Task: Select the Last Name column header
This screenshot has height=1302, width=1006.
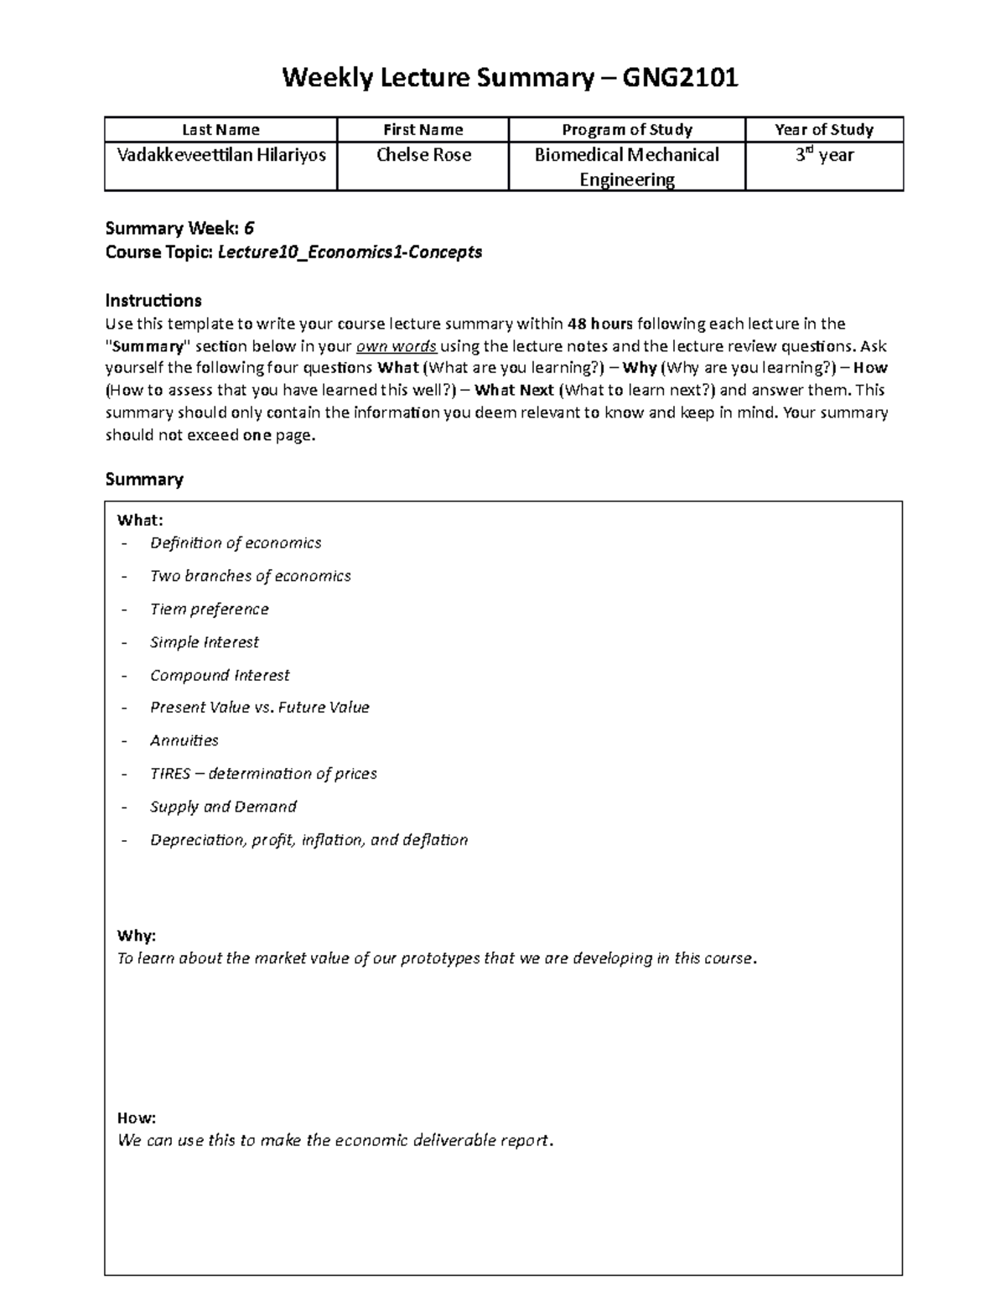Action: pyautogui.click(x=220, y=130)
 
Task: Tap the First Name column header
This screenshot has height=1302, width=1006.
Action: pyautogui.click(x=423, y=130)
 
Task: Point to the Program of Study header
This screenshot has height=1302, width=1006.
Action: pyautogui.click(x=626, y=130)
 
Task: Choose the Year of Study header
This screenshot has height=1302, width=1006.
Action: pyautogui.click(x=824, y=130)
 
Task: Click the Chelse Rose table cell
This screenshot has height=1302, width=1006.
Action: pyautogui.click(x=423, y=155)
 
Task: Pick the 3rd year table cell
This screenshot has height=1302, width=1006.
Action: pyautogui.click(x=824, y=155)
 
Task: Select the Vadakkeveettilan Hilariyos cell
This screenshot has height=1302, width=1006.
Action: pyautogui.click(x=221, y=155)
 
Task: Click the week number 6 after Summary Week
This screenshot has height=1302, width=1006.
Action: pyautogui.click(x=249, y=229)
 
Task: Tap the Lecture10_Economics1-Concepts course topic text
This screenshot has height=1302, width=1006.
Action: pyautogui.click(x=350, y=252)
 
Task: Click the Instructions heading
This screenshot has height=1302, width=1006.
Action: pyautogui.click(x=153, y=300)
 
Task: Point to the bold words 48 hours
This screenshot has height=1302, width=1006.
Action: pyautogui.click(x=600, y=324)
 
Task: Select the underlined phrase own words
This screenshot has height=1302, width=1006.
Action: pyautogui.click(x=397, y=346)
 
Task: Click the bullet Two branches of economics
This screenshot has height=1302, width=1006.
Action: pyautogui.click(x=250, y=576)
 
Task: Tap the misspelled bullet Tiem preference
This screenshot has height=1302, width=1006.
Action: pyautogui.click(x=209, y=610)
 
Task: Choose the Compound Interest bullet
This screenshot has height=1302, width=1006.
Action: pyautogui.click(x=220, y=675)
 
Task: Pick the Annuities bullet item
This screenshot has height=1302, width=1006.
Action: pyautogui.click(x=184, y=740)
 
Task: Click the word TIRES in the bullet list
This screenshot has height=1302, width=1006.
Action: pyautogui.click(x=170, y=774)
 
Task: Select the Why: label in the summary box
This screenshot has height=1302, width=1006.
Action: pyautogui.click(x=137, y=936)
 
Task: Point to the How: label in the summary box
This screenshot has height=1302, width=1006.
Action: pyautogui.click(x=137, y=1118)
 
